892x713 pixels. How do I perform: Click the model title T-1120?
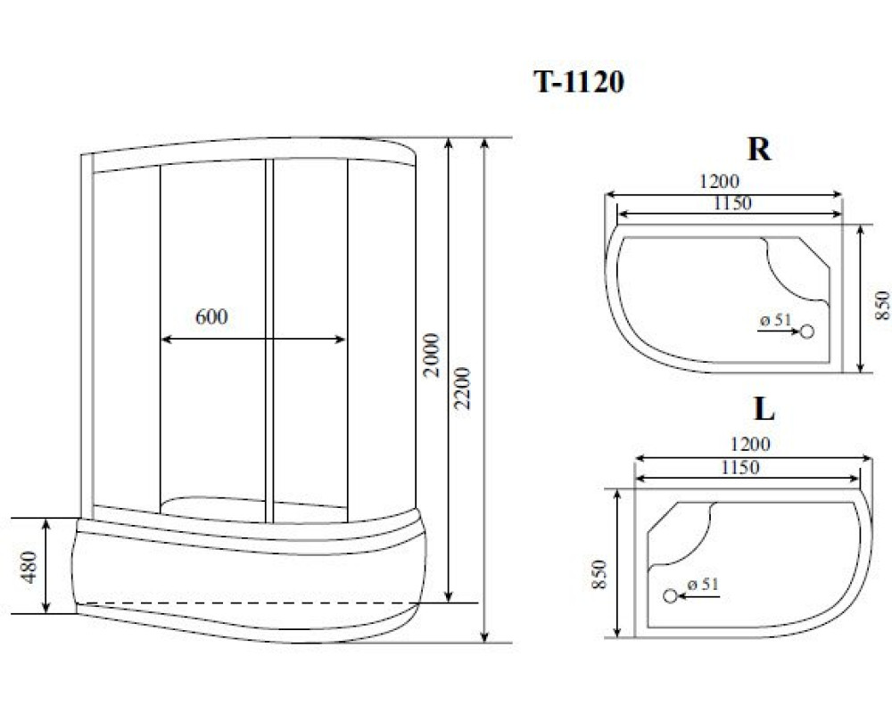point(579,82)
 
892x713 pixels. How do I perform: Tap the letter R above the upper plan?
point(759,149)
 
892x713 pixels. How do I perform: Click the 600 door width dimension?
point(211,316)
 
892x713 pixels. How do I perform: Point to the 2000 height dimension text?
point(433,355)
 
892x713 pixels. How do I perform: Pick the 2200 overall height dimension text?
point(463,389)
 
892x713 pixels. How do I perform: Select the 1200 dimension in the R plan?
point(719,182)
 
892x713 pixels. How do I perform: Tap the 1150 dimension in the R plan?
point(732,203)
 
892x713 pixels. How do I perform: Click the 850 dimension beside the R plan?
point(882,306)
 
